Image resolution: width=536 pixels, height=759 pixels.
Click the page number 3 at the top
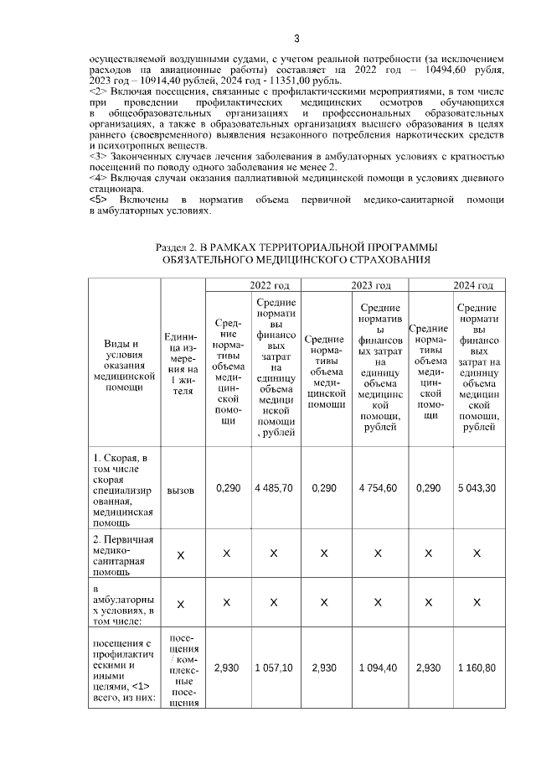pyautogui.click(x=296, y=38)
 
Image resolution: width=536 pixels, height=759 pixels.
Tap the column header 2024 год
pyautogui.click(x=471, y=285)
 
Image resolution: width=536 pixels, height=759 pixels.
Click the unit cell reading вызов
pyautogui.click(x=180, y=488)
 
